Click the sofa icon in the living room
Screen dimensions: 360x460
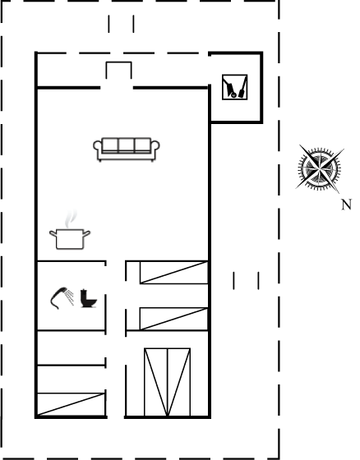(x=127, y=149)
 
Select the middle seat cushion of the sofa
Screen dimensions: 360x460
(x=127, y=145)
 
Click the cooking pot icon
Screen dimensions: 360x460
(x=70, y=239)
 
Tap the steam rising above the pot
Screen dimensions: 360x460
(x=71, y=218)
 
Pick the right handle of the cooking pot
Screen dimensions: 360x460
(x=86, y=234)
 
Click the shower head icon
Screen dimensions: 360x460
(x=60, y=297)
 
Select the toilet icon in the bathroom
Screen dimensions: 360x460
(x=88, y=298)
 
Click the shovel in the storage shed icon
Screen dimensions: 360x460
(x=242, y=87)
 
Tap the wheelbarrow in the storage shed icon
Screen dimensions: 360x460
(x=229, y=87)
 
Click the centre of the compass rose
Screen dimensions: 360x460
(x=320, y=168)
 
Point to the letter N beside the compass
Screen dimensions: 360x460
(x=347, y=205)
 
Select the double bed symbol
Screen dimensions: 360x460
(x=168, y=382)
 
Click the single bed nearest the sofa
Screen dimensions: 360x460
(x=173, y=273)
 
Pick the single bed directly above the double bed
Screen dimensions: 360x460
(x=173, y=319)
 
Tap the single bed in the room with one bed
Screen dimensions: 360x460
(x=71, y=404)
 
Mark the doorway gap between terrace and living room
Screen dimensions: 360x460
(x=117, y=88)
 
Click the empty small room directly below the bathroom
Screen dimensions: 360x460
(x=71, y=348)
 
